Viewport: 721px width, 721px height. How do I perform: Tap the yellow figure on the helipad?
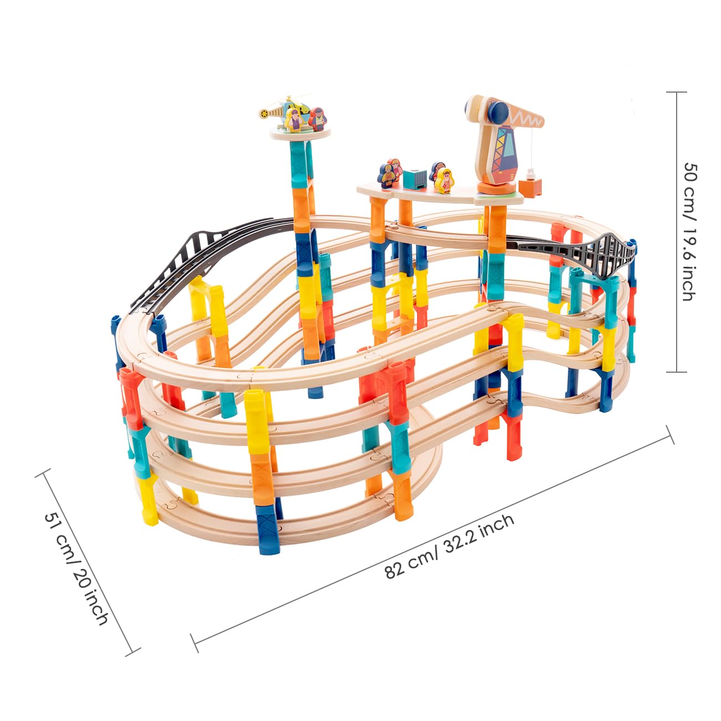coord(294,120)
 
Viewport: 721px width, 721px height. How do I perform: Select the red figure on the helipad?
coord(317,119)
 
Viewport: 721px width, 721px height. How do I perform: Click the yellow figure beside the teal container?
coord(444,180)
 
